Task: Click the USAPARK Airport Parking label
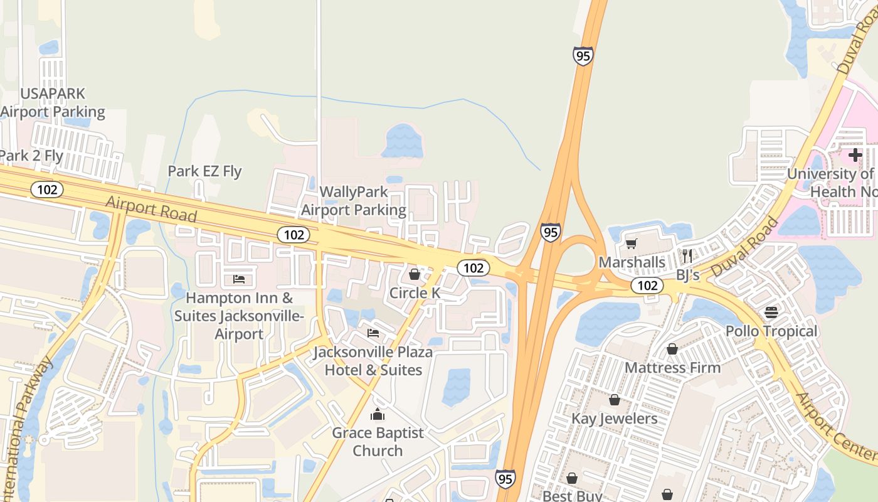pos(53,103)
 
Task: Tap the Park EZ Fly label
pos(204,171)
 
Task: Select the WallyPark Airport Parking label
pos(354,201)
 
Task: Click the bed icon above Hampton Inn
pos(239,279)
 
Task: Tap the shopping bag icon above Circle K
pos(414,274)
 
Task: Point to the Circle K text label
pos(415,293)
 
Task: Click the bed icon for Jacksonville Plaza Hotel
pos(373,333)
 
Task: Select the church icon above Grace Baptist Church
pos(378,414)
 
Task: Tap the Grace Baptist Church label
pos(378,442)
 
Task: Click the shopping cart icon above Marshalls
pos(631,243)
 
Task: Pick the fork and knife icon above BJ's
pos(687,255)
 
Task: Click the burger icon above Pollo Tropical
pos(771,312)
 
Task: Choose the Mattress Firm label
pos(673,368)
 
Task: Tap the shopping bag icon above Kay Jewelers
pos(615,400)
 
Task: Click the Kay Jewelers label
pos(615,419)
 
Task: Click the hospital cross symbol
pos(855,154)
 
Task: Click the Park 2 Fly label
pos(31,156)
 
